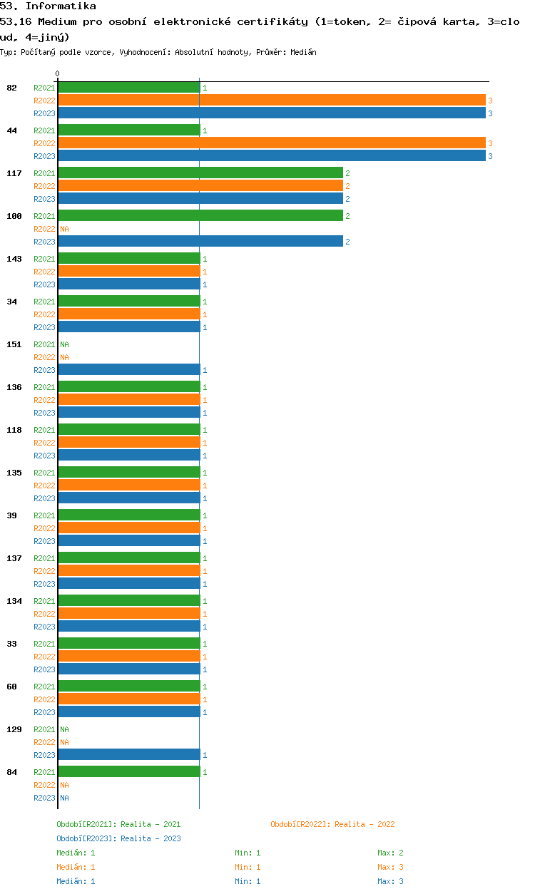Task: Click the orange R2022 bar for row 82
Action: [272, 101]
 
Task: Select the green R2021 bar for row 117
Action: [200, 173]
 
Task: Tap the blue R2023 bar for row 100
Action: [200, 241]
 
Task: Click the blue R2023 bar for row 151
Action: [129, 369]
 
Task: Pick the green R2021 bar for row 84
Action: [129, 771]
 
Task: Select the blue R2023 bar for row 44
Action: [272, 155]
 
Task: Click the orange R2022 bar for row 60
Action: [129, 699]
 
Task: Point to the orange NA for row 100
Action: [64, 229]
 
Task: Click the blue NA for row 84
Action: [64, 798]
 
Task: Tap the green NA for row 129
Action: [64, 729]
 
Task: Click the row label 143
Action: [14, 259]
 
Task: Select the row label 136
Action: [14, 387]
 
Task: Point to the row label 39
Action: [11, 515]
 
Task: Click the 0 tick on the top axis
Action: [58, 73]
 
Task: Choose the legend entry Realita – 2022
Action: [332, 824]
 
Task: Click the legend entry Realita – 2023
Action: [118, 838]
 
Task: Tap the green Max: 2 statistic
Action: [390, 853]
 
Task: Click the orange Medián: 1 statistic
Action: [76, 867]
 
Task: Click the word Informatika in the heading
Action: [61, 6]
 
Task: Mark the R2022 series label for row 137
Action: [44, 571]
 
